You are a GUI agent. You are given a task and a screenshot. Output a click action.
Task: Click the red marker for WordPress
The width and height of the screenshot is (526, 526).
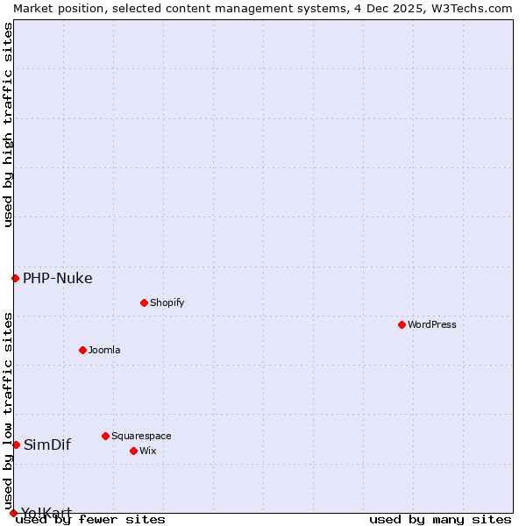click(x=402, y=324)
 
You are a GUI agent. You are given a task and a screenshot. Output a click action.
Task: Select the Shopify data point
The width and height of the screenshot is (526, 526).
click(x=144, y=302)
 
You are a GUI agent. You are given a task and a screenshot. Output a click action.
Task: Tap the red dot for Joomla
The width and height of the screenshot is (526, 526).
click(x=82, y=350)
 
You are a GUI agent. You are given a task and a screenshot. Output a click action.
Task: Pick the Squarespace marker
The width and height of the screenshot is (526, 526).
click(x=105, y=436)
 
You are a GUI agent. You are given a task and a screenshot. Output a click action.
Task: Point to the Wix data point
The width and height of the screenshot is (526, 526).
click(x=133, y=451)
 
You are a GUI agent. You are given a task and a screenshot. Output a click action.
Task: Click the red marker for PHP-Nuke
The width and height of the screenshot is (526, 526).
click(x=15, y=278)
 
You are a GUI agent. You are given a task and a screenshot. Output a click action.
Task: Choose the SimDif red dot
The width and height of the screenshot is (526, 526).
click(x=16, y=444)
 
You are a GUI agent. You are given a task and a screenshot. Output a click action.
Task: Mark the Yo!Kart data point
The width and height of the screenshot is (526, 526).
click(x=13, y=513)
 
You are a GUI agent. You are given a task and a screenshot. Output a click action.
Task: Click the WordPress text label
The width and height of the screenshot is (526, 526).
click(x=432, y=324)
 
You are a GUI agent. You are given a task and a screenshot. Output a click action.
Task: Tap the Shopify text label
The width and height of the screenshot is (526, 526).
click(x=167, y=302)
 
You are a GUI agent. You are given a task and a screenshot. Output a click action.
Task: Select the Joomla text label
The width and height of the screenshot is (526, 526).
click(x=104, y=350)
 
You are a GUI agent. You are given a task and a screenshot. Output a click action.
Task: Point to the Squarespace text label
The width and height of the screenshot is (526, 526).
click(x=141, y=436)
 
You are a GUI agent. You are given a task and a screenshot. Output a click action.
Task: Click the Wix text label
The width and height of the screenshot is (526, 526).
click(x=147, y=451)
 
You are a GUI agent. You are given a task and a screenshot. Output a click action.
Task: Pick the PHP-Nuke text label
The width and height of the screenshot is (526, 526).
click(x=58, y=279)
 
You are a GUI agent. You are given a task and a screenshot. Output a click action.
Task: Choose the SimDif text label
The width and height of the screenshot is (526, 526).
click(x=47, y=444)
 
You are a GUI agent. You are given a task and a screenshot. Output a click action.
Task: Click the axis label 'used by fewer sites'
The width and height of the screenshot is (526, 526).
click(x=90, y=519)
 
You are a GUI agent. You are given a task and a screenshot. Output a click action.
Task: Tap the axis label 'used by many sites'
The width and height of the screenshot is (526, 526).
click(x=440, y=519)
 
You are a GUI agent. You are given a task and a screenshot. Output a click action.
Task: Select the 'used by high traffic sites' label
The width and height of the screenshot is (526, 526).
click(x=8, y=124)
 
